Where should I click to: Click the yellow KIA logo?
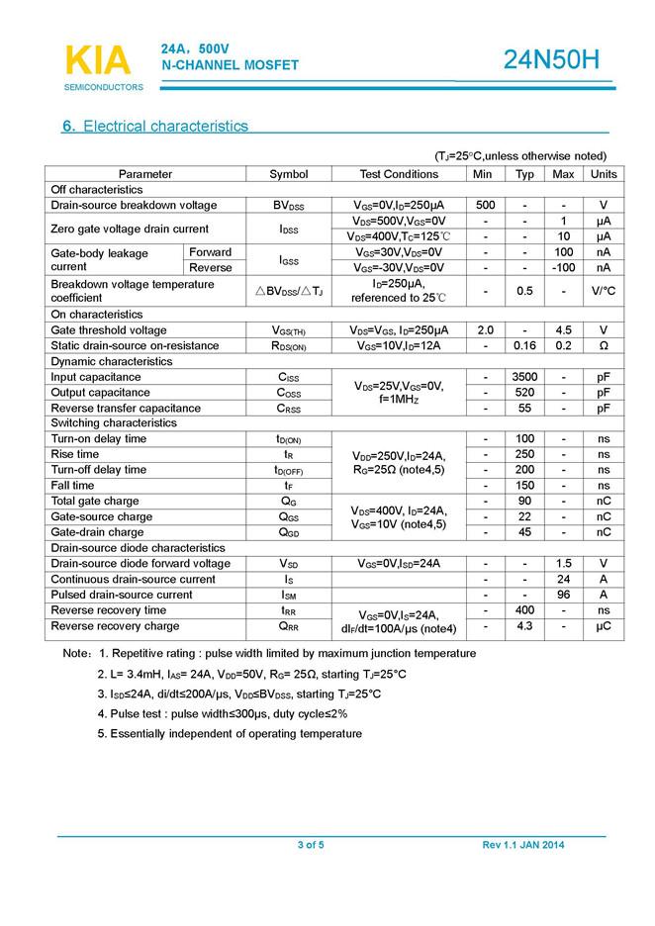pyautogui.click(x=97, y=60)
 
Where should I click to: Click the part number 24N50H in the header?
pyautogui.click(x=551, y=60)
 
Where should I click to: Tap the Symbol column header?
pyautogui.click(x=289, y=174)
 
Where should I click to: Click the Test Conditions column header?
pyautogui.click(x=399, y=174)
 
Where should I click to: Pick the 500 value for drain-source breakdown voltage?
pyautogui.click(x=486, y=205)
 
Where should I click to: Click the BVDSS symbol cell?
pyautogui.click(x=289, y=205)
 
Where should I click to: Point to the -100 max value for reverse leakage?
pyautogui.click(x=563, y=267)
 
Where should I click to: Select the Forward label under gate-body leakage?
pyautogui.click(x=211, y=252)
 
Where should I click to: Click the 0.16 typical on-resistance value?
pyautogui.click(x=525, y=345)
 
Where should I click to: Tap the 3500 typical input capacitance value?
pyautogui.click(x=525, y=377)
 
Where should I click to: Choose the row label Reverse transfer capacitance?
pyautogui.click(x=126, y=408)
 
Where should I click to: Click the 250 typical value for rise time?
pyautogui.click(x=525, y=454)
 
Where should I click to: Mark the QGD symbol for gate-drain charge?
pyautogui.click(x=289, y=532)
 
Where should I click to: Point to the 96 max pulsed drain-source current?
pyautogui.click(x=563, y=595)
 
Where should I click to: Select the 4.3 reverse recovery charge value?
pyautogui.click(x=525, y=626)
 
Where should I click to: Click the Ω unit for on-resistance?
pyautogui.click(x=603, y=345)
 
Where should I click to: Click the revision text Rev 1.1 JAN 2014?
pyautogui.click(x=523, y=845)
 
